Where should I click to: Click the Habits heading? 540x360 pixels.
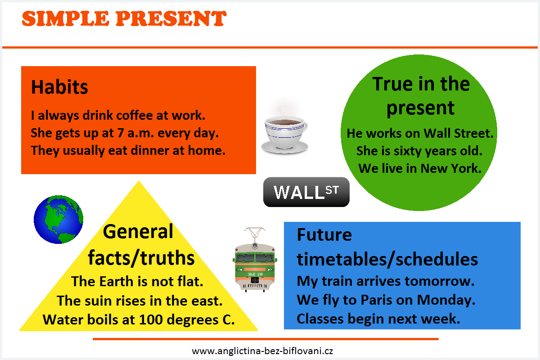pyautogui.click(x=59, y=87)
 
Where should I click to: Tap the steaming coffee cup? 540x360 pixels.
pyautogui.click(x=285, y=130)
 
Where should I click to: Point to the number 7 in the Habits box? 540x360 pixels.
pyautogui.click(x=120, y=133)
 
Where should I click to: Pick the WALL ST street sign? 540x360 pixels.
pyautogui.click(x=306, y=192)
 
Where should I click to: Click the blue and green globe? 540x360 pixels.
pyautogui.click(x=58, y=220)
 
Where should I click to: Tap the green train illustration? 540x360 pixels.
pyautogui.click(x=255, y=260)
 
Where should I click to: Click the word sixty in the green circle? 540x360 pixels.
pyautogui.click(x=407, y=151)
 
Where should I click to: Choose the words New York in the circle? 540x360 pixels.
pyautogui.click(x=450, y=168)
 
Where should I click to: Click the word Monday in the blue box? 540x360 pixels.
pyautogui.click(x=446, y=301)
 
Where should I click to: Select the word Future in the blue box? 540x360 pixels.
pyautogui.click(x=324, y=234)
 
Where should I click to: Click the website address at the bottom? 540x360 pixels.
pyautogui.click(x=262, y=351)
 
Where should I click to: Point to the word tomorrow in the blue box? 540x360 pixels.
pyautogui.click(x=439, y=281)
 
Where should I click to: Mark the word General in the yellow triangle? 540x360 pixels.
pyautogui.click(x=138, y=231)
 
